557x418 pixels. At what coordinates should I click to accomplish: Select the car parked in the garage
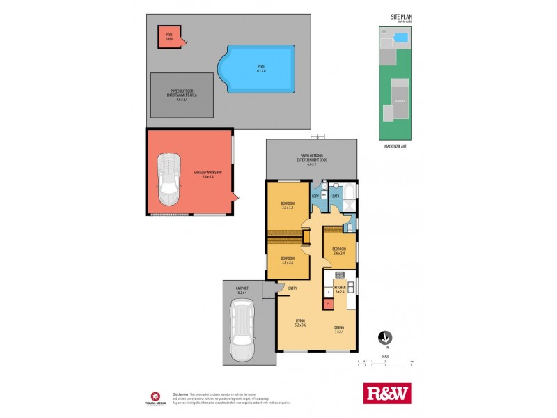(x=170, y=180)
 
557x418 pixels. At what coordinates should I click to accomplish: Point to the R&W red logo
(x=388, y=394)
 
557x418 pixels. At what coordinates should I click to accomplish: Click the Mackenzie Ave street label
(x=395, y=146)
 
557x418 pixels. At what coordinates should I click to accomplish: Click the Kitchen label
(x=340, y=288)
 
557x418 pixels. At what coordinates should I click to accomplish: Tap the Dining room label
(x=339, y=328)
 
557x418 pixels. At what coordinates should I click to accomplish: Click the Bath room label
(x=335, y=196)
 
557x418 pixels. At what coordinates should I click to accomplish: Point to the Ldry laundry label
(x=315, y=196)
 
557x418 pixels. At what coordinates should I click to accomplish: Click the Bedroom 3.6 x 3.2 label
(x=288, y=206)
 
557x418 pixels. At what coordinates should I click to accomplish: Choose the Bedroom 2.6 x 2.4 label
(x=339, y=250)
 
